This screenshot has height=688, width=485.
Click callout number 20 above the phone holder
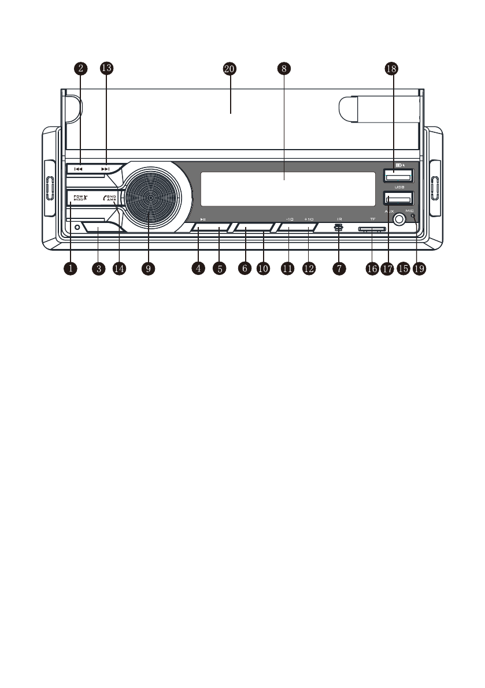click(229, 68)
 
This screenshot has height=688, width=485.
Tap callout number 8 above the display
click(283, 68)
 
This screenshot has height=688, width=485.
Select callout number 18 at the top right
click(391, 68)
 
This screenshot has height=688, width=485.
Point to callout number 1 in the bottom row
click(71, 269)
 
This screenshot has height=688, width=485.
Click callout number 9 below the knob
click(149, 269)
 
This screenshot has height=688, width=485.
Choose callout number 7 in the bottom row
click(339, 269)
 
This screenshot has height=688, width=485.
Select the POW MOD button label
click(79, 198)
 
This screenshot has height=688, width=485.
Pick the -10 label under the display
click(290, 220)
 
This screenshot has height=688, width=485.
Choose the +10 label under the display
click(309, 220)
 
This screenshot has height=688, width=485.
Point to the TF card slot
click(371, 229)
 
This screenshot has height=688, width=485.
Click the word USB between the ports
click(399, 187)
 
